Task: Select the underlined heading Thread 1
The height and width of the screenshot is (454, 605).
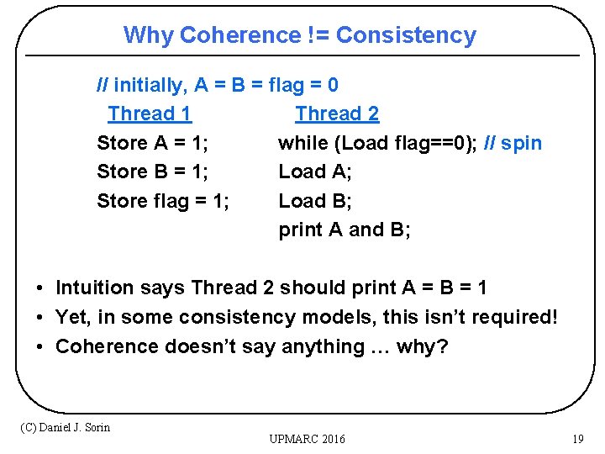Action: pos(150,113)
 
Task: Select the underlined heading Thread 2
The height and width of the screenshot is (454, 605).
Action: pos(337,113)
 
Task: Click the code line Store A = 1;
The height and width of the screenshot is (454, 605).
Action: pos(153,143)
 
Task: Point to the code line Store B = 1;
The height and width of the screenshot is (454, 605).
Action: pos(153,172)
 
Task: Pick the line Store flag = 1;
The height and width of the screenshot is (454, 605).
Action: pos(164,201)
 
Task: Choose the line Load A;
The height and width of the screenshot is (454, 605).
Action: pos(315,172)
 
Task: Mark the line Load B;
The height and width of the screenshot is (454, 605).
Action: pos(315,201)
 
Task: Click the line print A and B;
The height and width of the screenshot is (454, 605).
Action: pos(345,230)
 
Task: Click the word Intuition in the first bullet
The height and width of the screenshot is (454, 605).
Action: pos(94,288)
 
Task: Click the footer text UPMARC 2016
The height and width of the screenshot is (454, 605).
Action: pos(307,439)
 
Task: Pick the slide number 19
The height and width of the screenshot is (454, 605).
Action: pos(577,439)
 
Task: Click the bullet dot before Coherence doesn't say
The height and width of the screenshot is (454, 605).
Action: pos(40,347)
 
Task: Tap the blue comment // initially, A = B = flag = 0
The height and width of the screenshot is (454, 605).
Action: pos(218,85)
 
